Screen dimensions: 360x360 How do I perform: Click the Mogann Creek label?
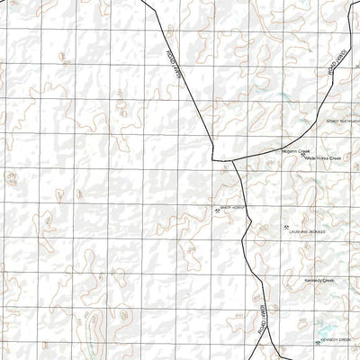pos(295,150)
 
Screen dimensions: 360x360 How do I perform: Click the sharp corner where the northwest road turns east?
pos(212,160)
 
